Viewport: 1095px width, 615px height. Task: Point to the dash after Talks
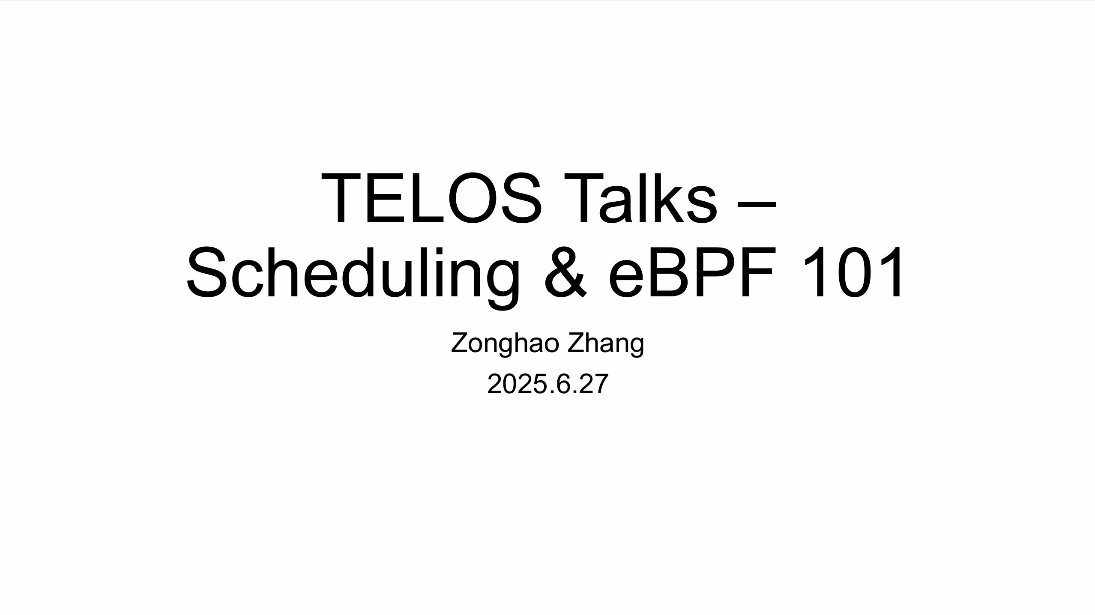tap(757, 205)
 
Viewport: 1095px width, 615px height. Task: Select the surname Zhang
tap(606, 343)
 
